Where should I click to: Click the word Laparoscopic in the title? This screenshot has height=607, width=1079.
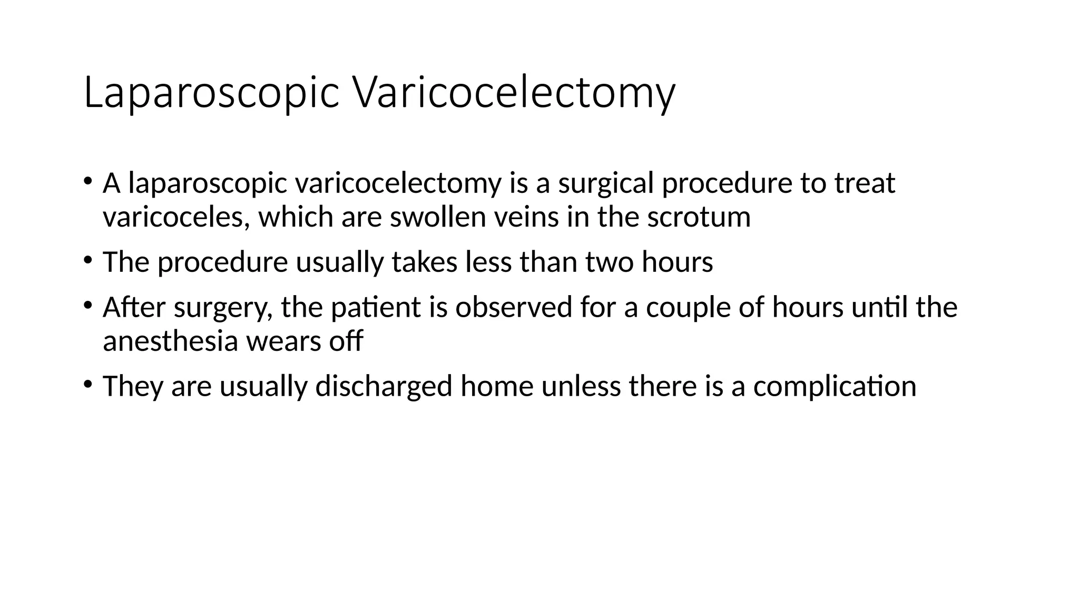[x=211, y=93]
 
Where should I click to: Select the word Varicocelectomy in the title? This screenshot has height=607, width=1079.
[x=513, y=93]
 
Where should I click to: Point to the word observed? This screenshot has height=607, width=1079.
[x=514, y=307]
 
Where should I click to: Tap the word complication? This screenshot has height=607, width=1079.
[x=835, y=386]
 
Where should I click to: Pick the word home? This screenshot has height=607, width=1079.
[x=497, y=386]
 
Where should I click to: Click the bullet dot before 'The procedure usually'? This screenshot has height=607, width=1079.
[x=87, y=260]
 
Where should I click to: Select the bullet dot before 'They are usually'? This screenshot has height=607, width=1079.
[x=87, y=384]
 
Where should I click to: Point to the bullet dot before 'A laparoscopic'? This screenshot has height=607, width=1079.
[x=87, y=181]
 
